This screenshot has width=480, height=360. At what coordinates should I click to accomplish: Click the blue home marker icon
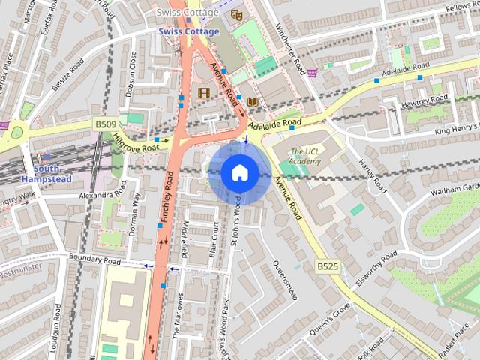coord(238,173)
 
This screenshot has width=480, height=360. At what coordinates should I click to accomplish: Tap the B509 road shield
coord(106,124)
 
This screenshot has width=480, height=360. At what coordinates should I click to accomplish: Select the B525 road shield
coord(326,266)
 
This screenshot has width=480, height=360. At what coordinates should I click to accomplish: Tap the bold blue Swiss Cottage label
coord(188,31)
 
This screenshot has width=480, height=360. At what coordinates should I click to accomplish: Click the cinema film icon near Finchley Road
coord(203,92)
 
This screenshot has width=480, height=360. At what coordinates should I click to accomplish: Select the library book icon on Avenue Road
coord(253,101)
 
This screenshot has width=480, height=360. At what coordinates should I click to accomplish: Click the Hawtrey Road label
coord(424,98)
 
